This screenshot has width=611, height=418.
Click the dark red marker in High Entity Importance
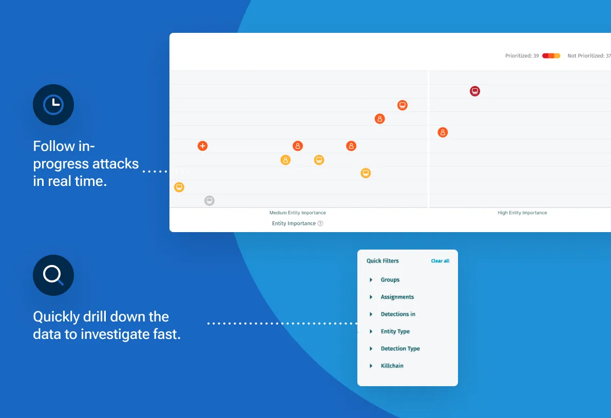click(475, 91)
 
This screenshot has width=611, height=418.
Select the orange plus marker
click(202, 146)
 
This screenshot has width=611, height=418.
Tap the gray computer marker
click(209, 201)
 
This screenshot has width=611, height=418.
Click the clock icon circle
click(53, 105)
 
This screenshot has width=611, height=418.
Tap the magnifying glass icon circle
click(53, 275)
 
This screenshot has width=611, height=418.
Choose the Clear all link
click(440, 261)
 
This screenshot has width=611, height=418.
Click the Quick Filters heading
click(383, 261)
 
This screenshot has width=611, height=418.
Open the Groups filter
click(390, 280)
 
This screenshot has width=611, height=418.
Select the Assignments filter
click(397, 297)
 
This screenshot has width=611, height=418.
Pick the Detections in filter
click(398, 314)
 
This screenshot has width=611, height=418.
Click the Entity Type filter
click(395, 331)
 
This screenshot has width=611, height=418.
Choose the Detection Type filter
click(400, 349)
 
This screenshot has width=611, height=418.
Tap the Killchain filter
click(392, 366)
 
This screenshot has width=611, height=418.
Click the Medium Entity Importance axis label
click(297, 213)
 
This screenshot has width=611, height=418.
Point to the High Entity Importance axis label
click(522, 213)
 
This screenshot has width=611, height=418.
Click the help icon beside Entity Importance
click(320, 223)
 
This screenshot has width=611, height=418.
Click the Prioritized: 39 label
click(522, 56)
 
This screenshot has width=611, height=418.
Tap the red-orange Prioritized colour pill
click(551, 56)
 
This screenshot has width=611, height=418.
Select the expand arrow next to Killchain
click(371, 366)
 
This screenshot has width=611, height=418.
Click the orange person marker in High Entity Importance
click(443, 132)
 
